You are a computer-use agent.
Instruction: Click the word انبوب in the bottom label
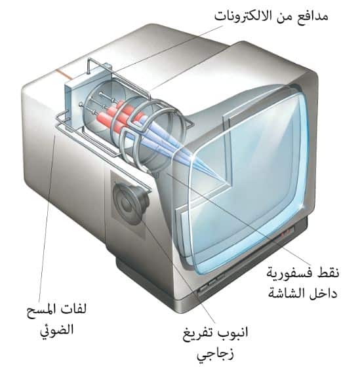(233, 333)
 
